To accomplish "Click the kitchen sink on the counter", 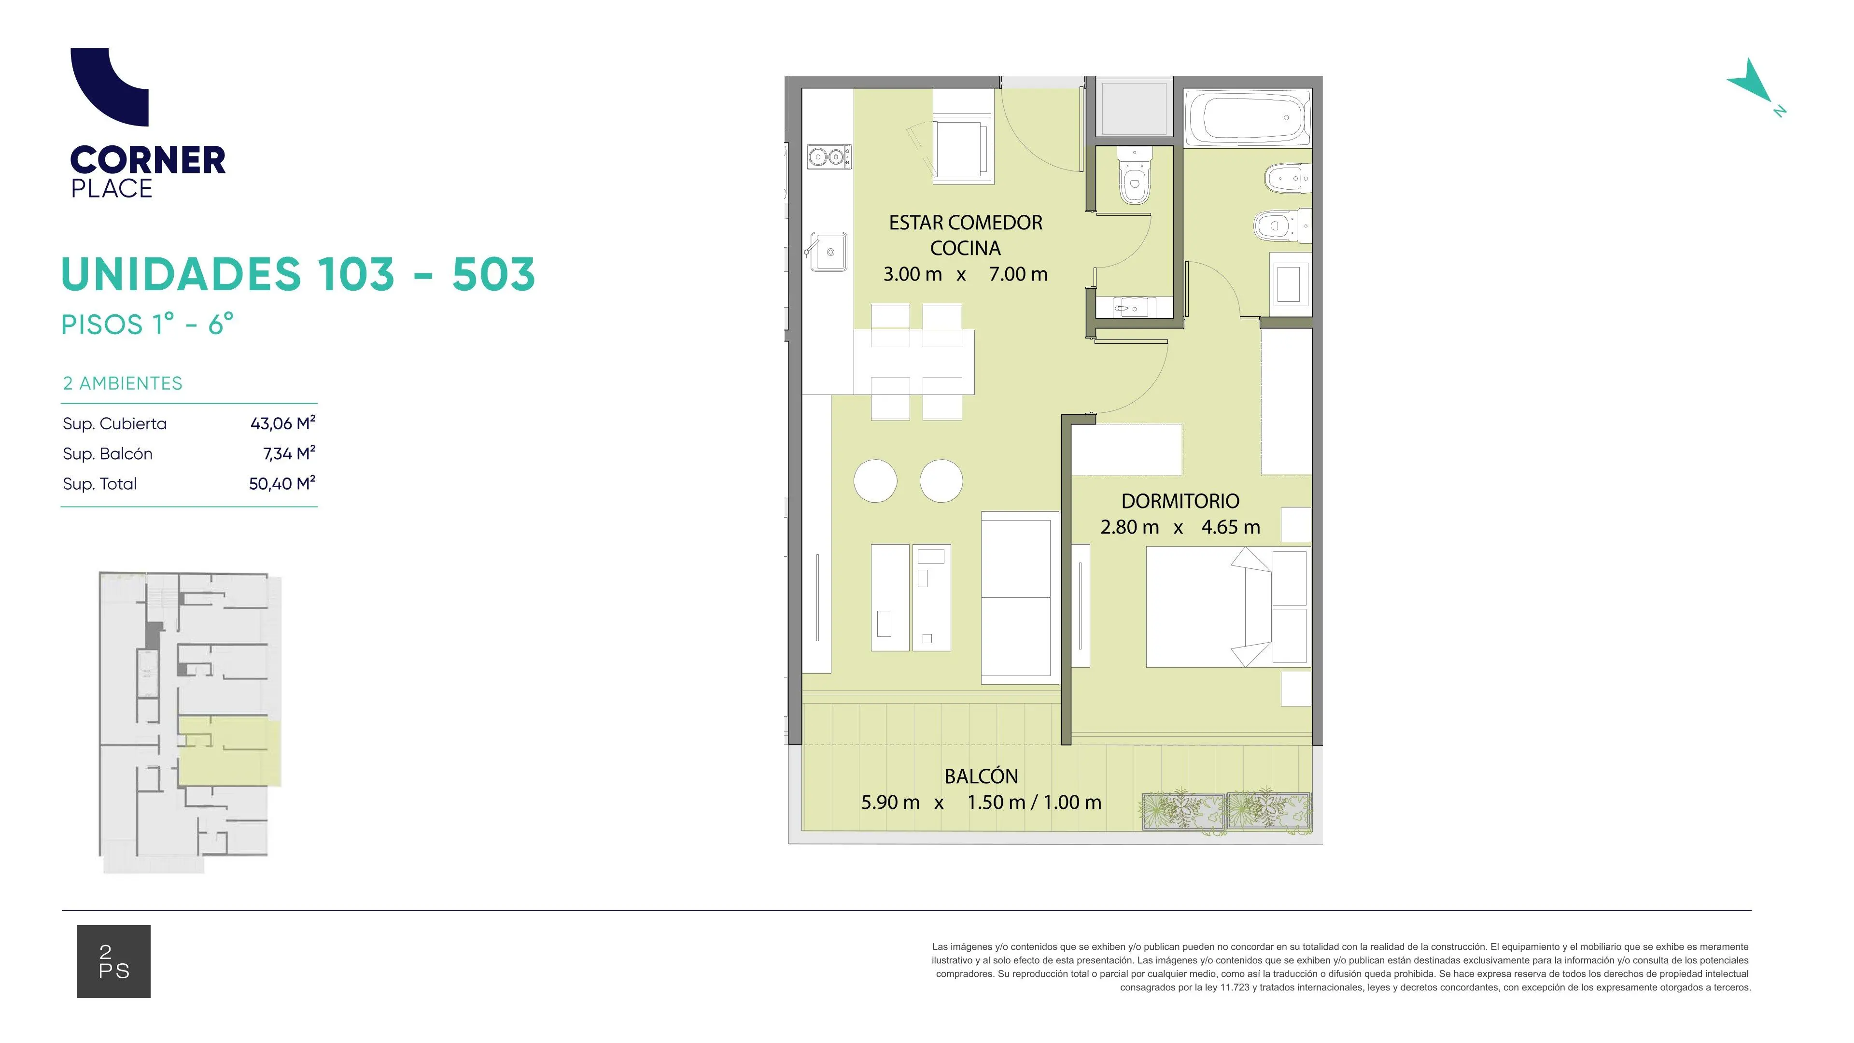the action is [829, 251].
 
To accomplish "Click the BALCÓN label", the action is [981, 776].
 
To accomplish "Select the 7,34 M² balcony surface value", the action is [289, 453].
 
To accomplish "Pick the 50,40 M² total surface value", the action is [282, 484].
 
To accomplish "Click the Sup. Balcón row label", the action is [108, 453].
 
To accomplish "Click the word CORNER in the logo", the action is [148, 160].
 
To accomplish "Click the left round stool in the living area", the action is [875, 481].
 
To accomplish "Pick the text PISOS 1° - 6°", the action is [148, 324].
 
